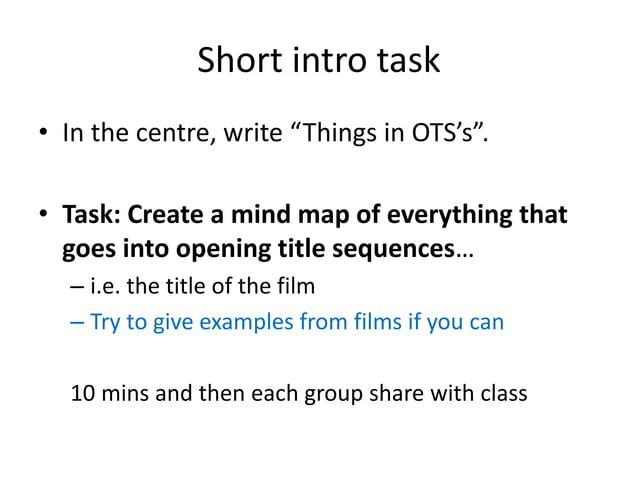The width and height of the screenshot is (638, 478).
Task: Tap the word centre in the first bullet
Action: click(173, 132)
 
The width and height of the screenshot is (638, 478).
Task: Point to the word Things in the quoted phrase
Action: click(356, 132)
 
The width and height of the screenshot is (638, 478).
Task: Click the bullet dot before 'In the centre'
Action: click(45, 134)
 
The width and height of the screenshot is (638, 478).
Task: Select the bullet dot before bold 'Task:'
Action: click(45, 217)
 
